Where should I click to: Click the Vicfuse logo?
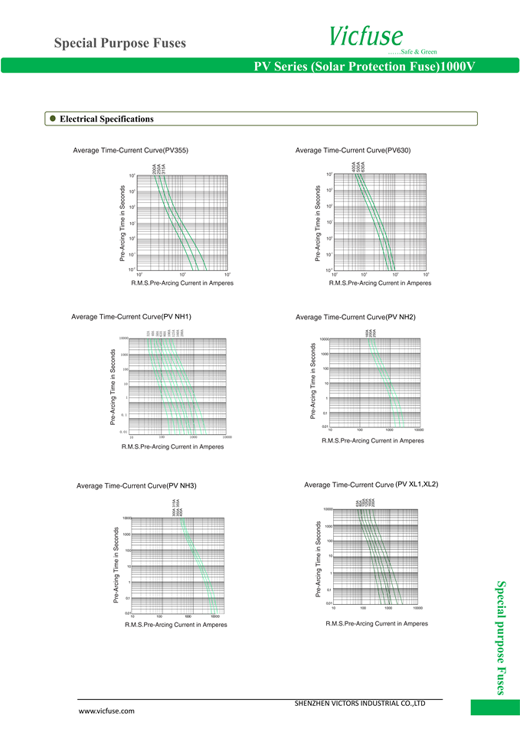pos(365,36)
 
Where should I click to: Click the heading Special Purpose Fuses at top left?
pos(120,44)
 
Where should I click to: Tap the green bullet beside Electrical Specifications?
pos(53,119)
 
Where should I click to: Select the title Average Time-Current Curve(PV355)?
pos(131,151)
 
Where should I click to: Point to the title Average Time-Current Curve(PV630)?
pos(353,151)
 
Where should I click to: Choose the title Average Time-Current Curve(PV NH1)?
pos(131,316)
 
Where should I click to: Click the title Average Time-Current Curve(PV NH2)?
pos(355,317)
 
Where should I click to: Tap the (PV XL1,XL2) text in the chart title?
pos(417,484)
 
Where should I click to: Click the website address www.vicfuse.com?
pos(107,710)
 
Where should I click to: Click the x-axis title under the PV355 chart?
pos(182,283)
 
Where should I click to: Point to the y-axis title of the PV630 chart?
pos(318,224)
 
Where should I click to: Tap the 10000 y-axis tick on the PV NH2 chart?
pos(324,338)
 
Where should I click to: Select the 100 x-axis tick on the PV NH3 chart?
pos(159,616)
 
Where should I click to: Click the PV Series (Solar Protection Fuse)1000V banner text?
pos(365,67)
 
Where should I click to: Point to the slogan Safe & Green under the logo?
pos(414,52)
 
